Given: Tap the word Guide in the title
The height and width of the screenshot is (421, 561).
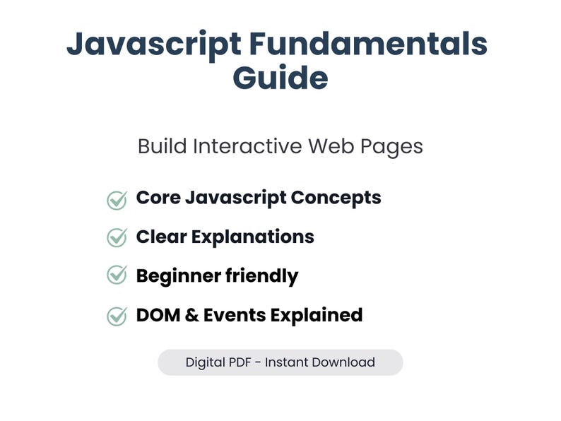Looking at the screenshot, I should [x=280, y=78].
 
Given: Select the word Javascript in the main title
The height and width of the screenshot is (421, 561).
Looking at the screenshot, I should [x=154, y=45].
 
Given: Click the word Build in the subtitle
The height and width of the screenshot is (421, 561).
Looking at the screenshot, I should [x=162, y=146].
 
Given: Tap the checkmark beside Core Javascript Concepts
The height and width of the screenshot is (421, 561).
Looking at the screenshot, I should [x=117, y=199].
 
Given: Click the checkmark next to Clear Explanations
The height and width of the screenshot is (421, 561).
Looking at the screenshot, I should [x=117, y=237].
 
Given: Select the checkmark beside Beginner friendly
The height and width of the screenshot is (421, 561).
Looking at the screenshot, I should [x=117, y=275].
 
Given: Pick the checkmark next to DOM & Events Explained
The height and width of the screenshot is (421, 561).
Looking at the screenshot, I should [x=117, y=315].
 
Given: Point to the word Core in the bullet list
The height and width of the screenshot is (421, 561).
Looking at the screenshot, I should [x=157, y=198].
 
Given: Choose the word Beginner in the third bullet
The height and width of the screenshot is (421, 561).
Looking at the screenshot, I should [x=177, y=275].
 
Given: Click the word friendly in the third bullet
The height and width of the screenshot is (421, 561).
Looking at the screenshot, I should [x=261, y=275].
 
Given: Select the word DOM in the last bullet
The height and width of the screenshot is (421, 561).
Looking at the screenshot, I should [x=157, y=314].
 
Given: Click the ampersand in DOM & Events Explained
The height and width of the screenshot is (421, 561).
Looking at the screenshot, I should [x=190, y=314].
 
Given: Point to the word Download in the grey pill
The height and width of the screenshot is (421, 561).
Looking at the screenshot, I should [x=343, y=362].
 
